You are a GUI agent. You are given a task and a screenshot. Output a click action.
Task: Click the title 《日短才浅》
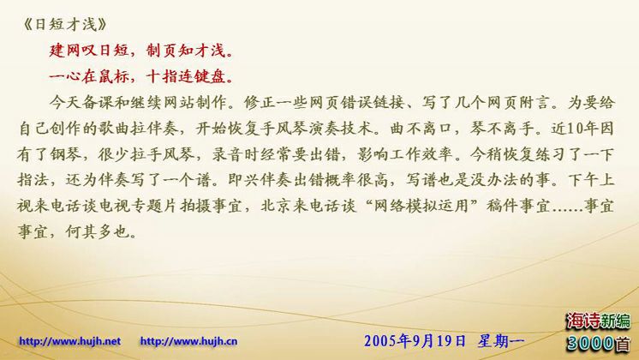click(64, 25)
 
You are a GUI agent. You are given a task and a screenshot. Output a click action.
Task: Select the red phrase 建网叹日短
click(89, 51)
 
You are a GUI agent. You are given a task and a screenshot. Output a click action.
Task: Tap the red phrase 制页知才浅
click(186, 51)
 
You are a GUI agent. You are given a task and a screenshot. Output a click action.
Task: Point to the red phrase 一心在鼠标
click(89, 76)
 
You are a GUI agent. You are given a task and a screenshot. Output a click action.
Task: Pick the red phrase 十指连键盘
click(186, 76)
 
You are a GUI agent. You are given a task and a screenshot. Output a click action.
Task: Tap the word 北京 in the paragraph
click(278, 206)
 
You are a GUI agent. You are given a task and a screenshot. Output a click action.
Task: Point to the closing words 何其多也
click(98, 231)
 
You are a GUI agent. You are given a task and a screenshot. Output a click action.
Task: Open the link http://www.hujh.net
click(69, 341)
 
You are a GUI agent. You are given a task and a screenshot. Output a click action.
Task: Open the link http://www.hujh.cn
click(188, 341)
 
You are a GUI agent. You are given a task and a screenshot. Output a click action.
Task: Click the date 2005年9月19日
click(415, 341)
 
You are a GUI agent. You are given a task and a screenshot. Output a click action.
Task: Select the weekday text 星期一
click(501, 341)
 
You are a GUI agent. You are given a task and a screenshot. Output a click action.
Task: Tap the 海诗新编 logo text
click(598, 321)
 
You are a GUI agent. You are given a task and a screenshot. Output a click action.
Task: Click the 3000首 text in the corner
click(598, 343)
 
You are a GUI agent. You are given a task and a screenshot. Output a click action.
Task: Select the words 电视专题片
click(138, 206)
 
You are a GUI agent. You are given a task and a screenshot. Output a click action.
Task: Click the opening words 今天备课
click(81, 102)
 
